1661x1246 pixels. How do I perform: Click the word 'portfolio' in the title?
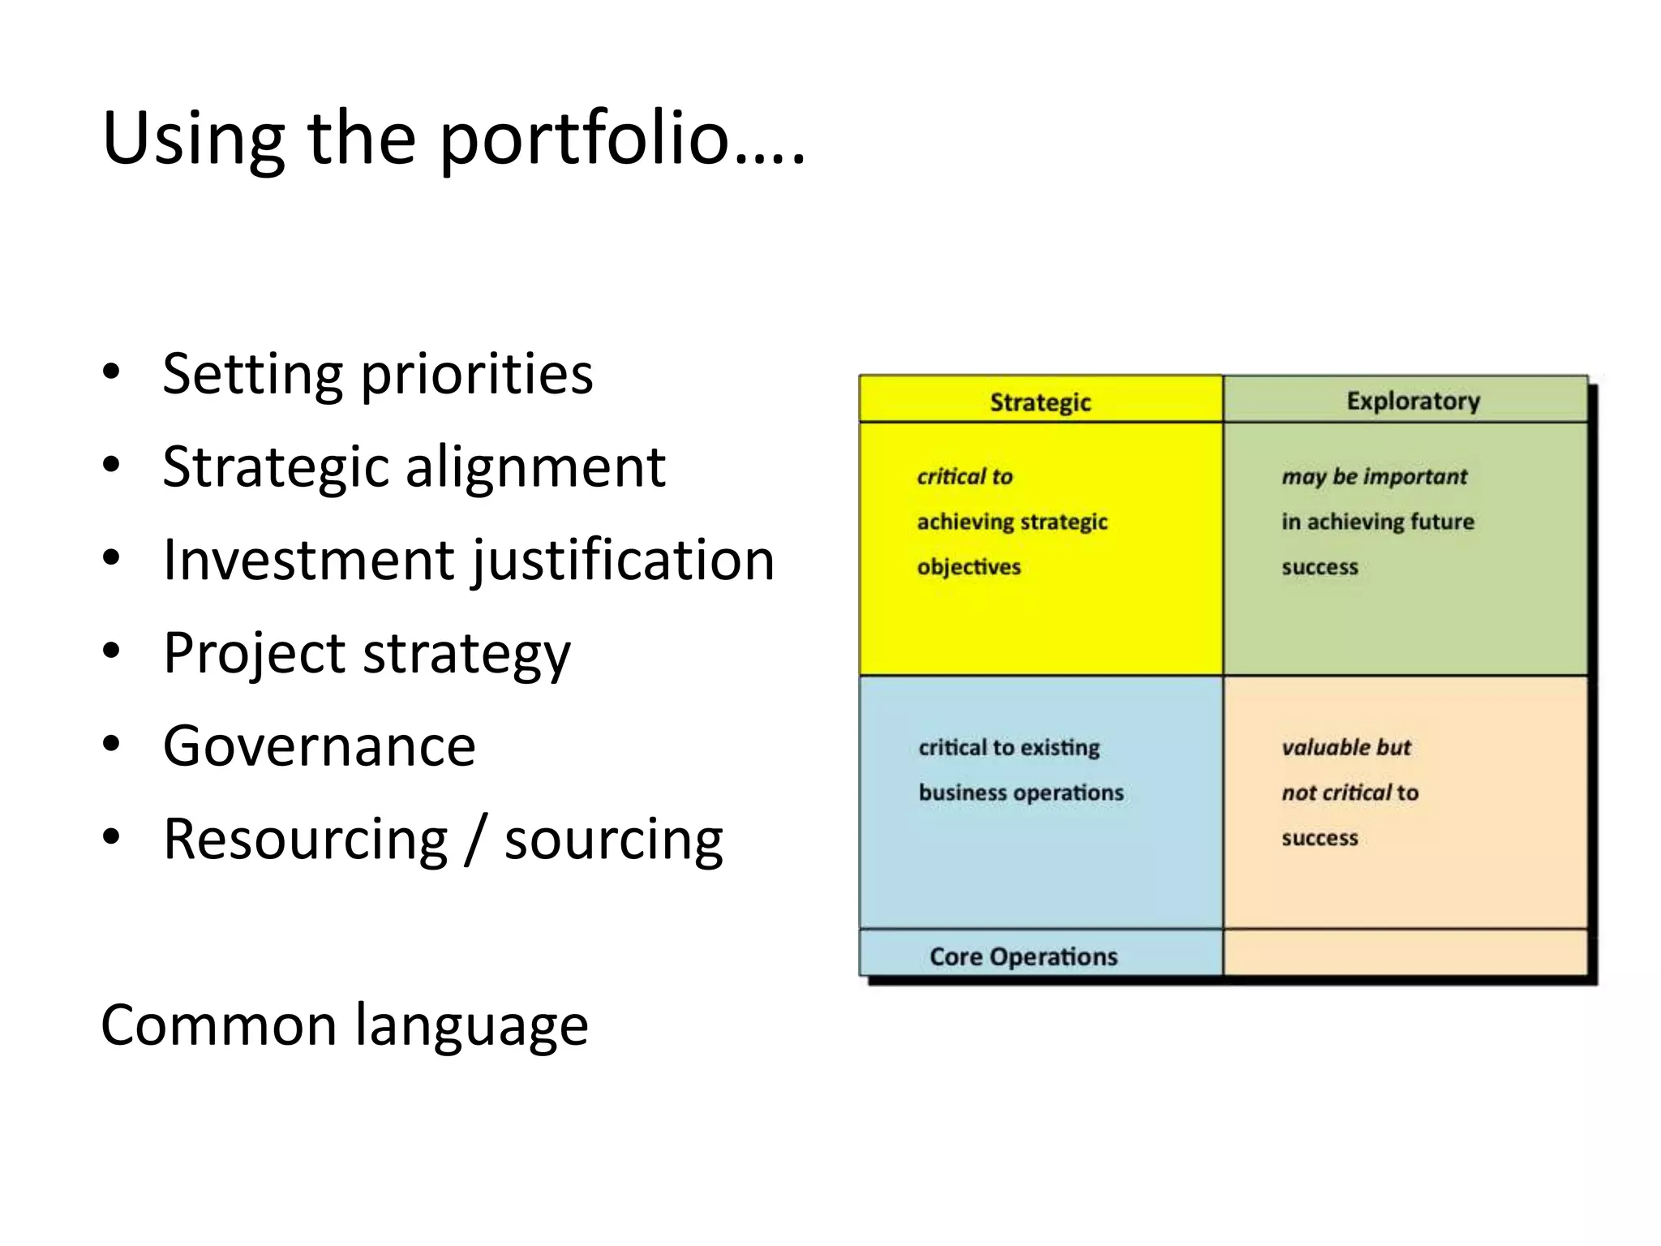point(584,140)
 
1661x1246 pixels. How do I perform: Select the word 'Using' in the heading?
point(193,140)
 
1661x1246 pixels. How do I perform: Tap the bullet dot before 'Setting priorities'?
point(112,373)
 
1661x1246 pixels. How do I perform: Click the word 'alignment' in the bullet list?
point(535,468)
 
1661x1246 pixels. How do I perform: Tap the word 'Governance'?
point(319,746)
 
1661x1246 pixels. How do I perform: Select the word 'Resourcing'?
point(305,840)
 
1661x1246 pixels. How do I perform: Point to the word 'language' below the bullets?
point(471,1027)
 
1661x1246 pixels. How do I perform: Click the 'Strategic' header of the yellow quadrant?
point(1040,402)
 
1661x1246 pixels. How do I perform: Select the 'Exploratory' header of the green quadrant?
point(1413,401)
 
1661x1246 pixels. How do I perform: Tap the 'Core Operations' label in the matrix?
point(1024,956)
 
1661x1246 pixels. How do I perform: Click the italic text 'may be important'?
point(1374,477)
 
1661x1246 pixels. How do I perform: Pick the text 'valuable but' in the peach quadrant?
point(1346,747)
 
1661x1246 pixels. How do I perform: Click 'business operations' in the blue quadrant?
point(1021,793)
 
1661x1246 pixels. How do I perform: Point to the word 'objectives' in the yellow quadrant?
point(968,567)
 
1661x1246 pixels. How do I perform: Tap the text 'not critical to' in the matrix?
point(1350,793)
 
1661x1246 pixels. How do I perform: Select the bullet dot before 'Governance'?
point(112,745)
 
